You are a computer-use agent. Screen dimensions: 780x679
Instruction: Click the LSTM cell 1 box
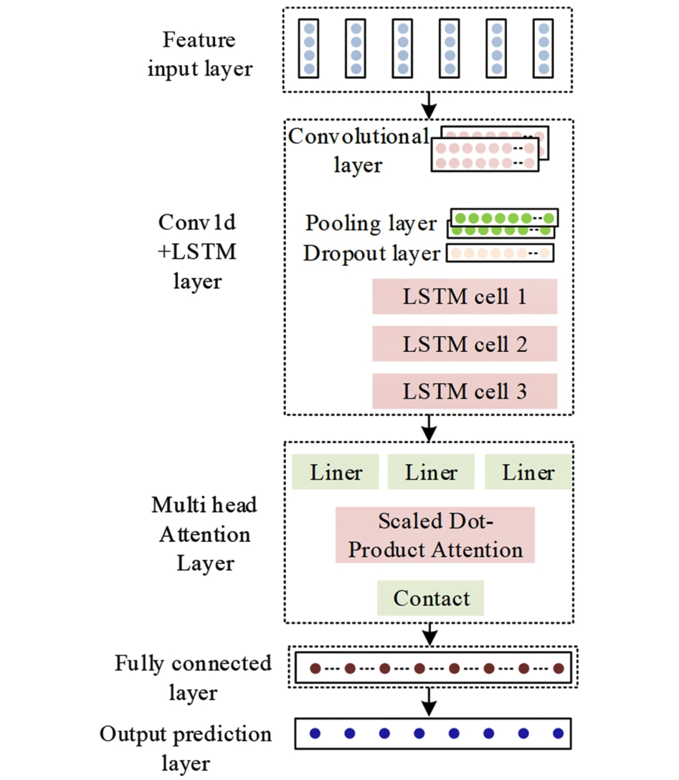click(465, 297)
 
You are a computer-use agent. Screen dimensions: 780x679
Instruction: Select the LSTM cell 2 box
click(465, 345)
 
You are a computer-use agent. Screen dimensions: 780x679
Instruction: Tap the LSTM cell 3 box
click(465, 392)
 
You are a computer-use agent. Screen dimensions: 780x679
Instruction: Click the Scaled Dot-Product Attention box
click(435, 535)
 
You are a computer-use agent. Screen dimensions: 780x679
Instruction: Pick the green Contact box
click(431, 598)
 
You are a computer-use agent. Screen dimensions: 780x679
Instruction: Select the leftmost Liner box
click(336, 472)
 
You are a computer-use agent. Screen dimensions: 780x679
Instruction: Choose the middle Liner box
click(430, 472)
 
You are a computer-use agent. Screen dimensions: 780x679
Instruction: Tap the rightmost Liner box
click(528, 472)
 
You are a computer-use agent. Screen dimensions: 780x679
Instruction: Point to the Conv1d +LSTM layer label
click(198, 252)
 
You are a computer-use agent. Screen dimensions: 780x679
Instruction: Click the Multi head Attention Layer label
click(204, 534)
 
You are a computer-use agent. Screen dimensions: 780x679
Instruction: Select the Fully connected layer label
click(194, 677)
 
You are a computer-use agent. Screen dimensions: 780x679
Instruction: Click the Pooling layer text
click(371, 223)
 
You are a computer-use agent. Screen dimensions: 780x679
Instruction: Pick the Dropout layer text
click(371, 253)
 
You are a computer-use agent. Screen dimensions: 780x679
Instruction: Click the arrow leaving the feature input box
click(429, 105)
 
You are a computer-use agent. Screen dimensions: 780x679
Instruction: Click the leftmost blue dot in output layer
click(315, 733)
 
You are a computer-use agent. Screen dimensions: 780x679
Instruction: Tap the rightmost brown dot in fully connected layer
click(558, 669)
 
